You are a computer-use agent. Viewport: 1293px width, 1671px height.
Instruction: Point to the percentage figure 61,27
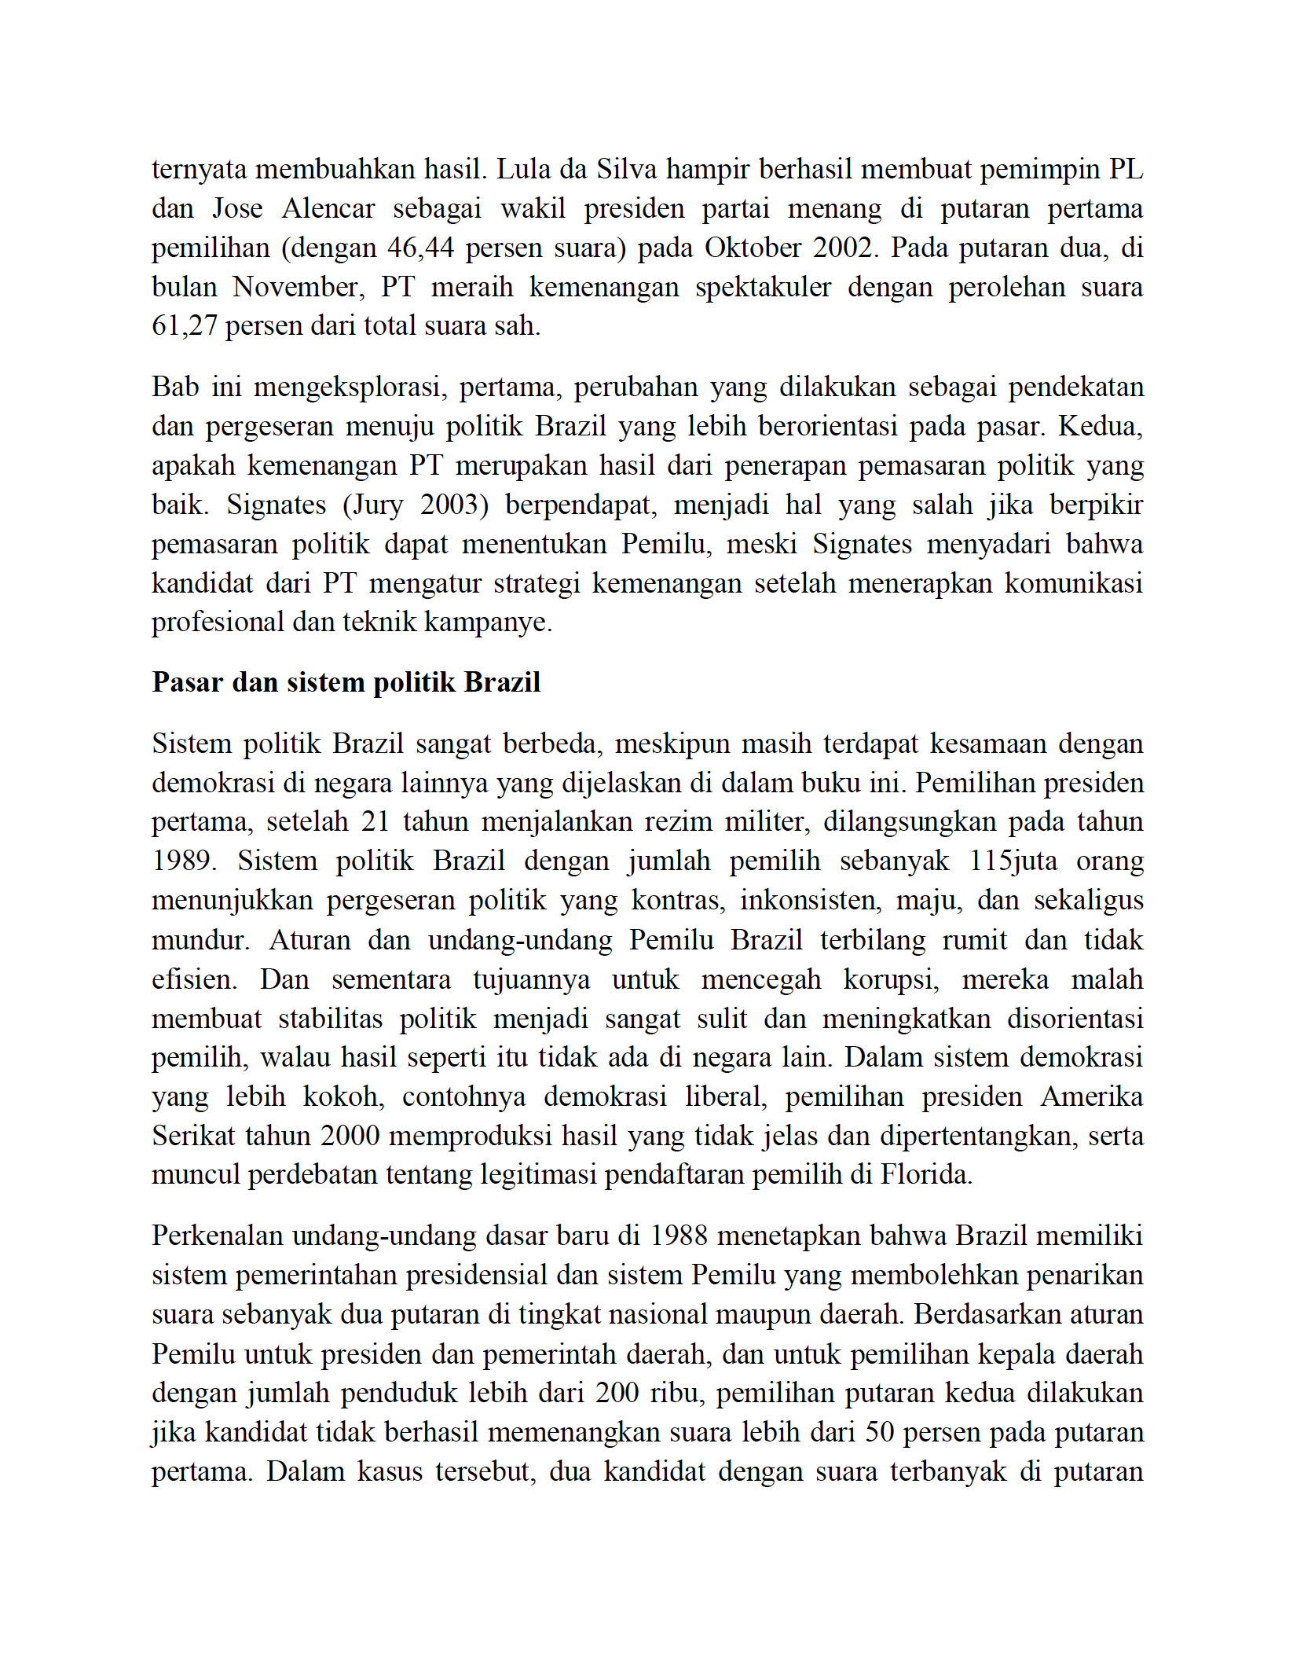184,326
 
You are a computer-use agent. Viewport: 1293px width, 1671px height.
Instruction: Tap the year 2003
449,505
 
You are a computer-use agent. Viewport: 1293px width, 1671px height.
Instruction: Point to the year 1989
183,861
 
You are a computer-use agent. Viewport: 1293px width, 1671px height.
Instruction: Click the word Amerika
1091,1097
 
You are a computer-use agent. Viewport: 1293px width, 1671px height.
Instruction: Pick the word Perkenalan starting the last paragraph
218,1236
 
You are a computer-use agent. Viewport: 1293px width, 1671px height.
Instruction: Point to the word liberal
725,1097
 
